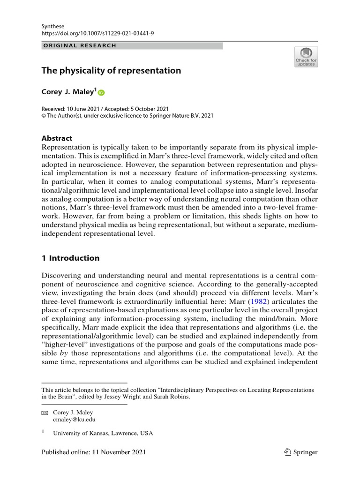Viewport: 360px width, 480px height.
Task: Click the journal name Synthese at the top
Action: (x=53, y=26)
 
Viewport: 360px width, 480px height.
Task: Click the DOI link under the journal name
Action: (x=97, y=34)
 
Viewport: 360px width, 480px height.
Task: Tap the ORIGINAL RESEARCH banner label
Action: (x=79, y=45)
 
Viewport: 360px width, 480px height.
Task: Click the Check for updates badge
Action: (x=306, y=57)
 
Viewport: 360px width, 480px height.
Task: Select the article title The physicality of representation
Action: (x=111, y=71)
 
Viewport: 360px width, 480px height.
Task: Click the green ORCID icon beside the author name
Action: (x=102, y=93)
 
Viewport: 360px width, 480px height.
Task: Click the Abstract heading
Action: (x=57, y=138)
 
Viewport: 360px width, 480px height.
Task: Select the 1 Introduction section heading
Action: (x=71, y=258)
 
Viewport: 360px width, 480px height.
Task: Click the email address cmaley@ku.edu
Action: (x=74, y=420)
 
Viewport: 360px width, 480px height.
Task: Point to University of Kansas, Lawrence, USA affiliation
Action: (x=103, y=433)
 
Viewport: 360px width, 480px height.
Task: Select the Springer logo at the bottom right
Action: (x=301, y=452)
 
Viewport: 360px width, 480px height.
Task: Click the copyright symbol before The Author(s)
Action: (x=44, y=116)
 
